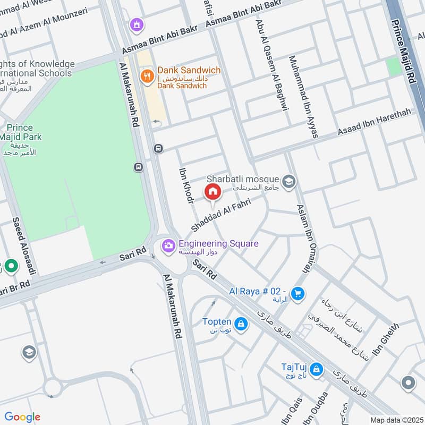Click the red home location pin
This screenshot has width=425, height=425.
tap(212, 191)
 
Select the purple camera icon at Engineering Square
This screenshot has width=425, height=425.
tap(168, 244)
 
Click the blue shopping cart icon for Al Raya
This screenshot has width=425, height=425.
tap(297, 293)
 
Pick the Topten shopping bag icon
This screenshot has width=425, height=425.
tap(241, 324)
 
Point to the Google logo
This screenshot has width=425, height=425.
tap(22, 417)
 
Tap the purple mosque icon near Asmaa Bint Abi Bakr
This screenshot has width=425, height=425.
tap(138, 24)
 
